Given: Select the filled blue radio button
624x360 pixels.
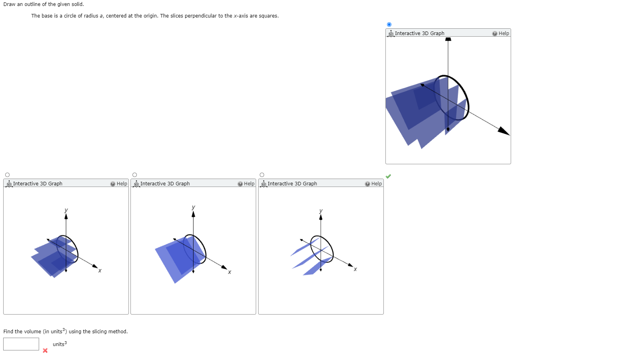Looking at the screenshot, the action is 389,24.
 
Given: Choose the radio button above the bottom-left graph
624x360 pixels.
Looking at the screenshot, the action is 7,175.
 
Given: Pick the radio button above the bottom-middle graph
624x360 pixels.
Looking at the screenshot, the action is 134,175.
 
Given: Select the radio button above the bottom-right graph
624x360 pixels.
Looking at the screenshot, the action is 262,175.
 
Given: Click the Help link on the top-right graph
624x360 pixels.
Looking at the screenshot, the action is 501,33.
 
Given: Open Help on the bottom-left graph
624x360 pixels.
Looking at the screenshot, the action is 118,184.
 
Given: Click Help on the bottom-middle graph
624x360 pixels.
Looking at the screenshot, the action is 246,184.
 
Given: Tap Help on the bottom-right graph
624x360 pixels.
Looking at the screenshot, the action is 373,184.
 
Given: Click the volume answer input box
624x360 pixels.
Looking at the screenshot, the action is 21,344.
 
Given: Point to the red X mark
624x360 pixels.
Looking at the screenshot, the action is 45,350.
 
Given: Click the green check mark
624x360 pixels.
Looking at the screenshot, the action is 388,176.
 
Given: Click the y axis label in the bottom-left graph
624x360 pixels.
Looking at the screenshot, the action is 66,210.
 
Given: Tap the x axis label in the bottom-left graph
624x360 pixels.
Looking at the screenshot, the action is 100,270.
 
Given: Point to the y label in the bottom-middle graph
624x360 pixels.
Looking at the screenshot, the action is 194,207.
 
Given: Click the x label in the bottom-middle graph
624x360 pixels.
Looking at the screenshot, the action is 229,272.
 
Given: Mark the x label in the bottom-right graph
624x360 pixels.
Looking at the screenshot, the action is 355,269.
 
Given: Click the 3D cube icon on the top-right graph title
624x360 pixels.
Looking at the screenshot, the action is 391,34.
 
